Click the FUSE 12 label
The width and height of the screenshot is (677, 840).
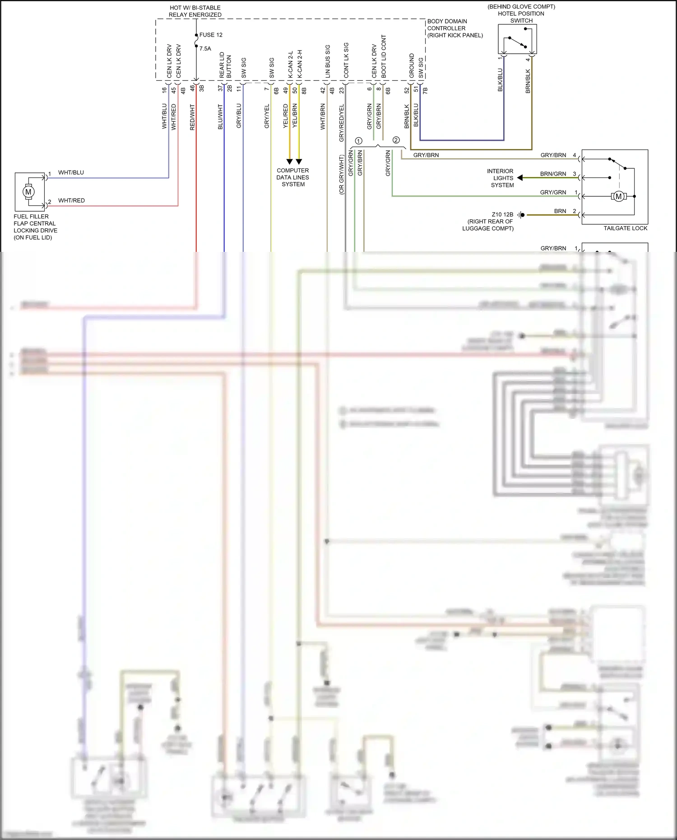pos(211,35)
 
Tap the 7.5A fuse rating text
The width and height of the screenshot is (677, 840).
pos(205,49)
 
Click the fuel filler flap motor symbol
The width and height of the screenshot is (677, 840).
pos(28,192)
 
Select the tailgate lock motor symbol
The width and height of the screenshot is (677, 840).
pos(619,196)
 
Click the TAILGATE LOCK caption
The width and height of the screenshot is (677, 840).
pos(625,228)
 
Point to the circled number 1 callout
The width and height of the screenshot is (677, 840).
pos(358,141)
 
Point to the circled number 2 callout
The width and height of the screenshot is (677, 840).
pos(396,140)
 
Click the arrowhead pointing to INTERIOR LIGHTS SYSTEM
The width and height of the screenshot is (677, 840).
pos(520,178)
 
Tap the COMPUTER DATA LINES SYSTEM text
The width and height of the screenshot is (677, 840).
pos(293,177)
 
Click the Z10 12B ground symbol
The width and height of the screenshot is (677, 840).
pos(521,215)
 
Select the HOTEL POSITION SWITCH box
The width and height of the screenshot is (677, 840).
pos(517,39)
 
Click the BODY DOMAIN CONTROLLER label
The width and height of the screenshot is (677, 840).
pos(454,28)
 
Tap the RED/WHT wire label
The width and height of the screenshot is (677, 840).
pos(192,117)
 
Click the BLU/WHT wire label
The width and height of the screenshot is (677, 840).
pos(220,117)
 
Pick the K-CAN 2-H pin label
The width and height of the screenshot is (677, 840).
pos(300,64)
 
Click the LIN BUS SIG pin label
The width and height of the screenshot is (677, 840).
pos(328,61)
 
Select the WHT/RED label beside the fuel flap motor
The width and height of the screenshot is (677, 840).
pos(71,200)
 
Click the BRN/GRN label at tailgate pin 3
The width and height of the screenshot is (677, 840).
pos(553,174)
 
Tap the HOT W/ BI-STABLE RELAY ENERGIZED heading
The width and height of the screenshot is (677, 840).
pos(195,11)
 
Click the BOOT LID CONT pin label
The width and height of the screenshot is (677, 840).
pos(384,56)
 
